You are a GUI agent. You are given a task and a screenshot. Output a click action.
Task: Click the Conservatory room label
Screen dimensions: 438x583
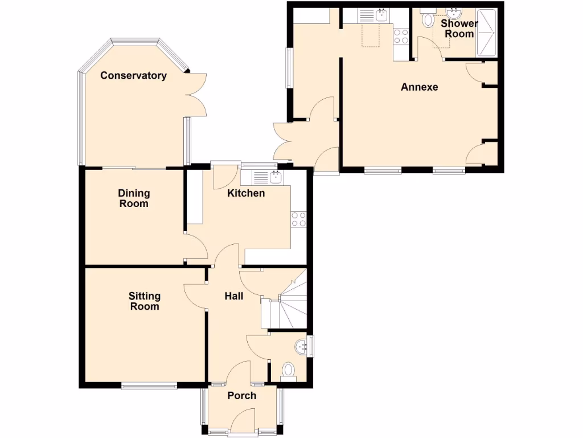[x=133, y=75]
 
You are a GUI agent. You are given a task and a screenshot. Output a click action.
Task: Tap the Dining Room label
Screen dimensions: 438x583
[x=134, y=198]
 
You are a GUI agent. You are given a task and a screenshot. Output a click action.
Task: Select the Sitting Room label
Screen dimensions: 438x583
[x=144, y=301]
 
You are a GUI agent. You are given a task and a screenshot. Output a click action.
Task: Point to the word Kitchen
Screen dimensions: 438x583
[x=246, y=193]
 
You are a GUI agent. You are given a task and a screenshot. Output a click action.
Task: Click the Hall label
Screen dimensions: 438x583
[x=234, y=296]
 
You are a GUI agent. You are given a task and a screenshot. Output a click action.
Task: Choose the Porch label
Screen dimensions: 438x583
[x=242, y=396]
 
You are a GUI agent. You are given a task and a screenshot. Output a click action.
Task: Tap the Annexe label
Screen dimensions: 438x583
[x=420, y=87]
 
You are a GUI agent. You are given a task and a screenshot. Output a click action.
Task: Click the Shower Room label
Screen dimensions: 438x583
[x=459, y=29]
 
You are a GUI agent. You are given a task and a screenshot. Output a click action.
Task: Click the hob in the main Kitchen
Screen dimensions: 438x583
[x=298, y=219]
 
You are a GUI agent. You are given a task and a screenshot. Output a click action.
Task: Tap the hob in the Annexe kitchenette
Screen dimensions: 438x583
[x=401, y=36]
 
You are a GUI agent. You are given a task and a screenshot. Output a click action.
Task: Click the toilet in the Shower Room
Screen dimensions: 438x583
[x=428, y=21]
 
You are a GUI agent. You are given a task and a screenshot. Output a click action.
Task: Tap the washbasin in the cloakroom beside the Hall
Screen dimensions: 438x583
[x=301, y=346]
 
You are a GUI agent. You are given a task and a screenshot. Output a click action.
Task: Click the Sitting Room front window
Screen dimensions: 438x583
[x=149, y=386]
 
